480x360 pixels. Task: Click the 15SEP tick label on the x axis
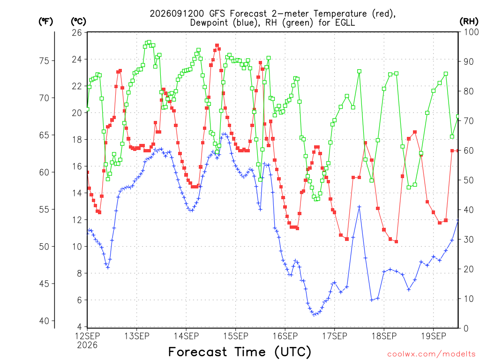pos(235,336)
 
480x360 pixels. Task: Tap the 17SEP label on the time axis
pos(335,336)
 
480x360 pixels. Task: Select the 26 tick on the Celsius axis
pos(77,32)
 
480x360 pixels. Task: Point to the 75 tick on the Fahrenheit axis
pos(44,60)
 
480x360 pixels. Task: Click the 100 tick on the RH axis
pos(471,32)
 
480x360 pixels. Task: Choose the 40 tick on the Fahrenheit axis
pos(44,321)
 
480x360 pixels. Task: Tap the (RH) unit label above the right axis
pos(469,21)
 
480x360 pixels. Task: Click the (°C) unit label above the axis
pos(78,22)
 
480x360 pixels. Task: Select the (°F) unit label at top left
pos(45,22)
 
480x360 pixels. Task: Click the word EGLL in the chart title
pos(345,22)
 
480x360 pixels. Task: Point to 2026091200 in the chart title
pos(177,14)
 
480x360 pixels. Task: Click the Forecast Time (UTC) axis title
pos(240,352)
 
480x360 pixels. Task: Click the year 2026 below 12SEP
pos(87,345)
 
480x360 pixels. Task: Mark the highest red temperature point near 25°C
pos(217,45)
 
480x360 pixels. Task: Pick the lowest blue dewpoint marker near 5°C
pos(314,315)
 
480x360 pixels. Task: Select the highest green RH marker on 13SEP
pos(149,42)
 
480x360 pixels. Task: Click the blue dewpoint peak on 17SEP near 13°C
pos(360,207)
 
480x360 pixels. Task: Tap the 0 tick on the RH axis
pos(466,329)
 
